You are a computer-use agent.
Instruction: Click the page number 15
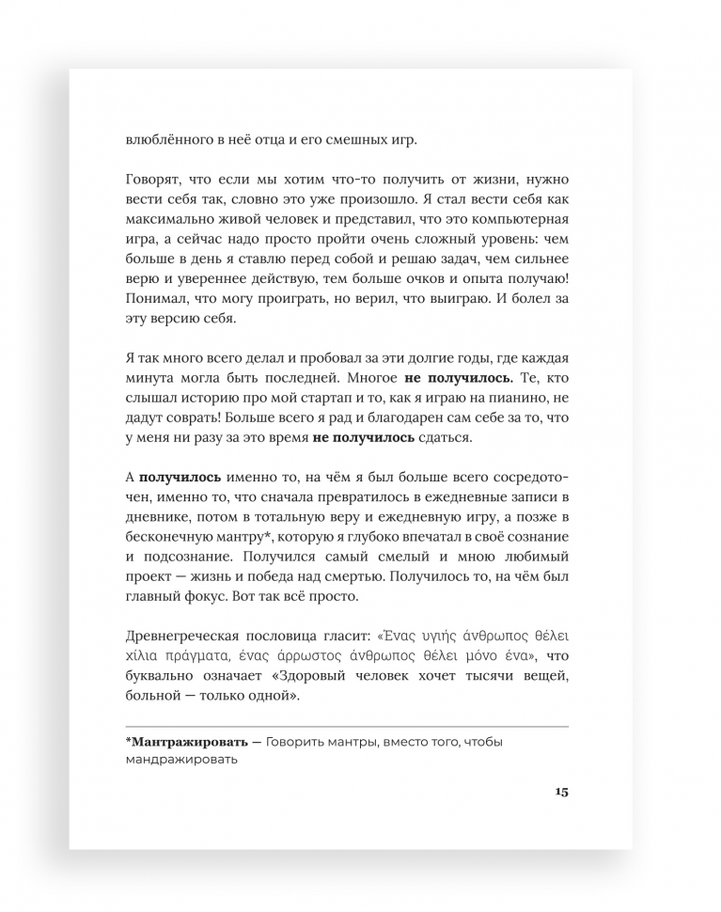561,792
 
